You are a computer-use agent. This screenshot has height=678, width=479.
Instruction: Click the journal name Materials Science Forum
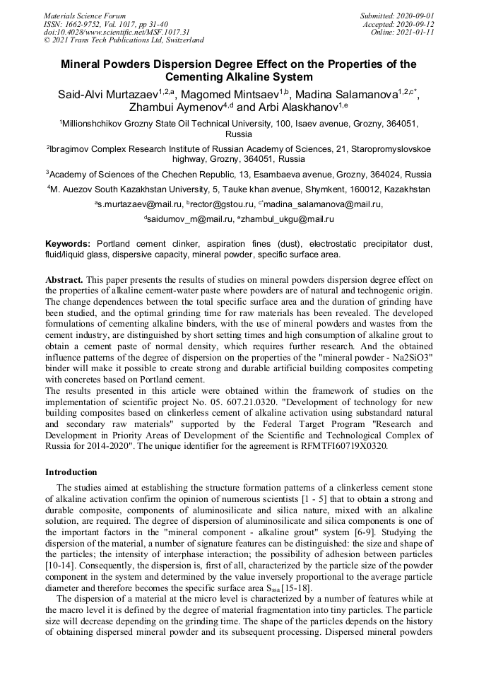pos(85,16)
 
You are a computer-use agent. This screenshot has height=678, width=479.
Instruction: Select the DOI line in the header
pos(117,33)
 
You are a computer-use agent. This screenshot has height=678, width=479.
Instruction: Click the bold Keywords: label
pos(69,243)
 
